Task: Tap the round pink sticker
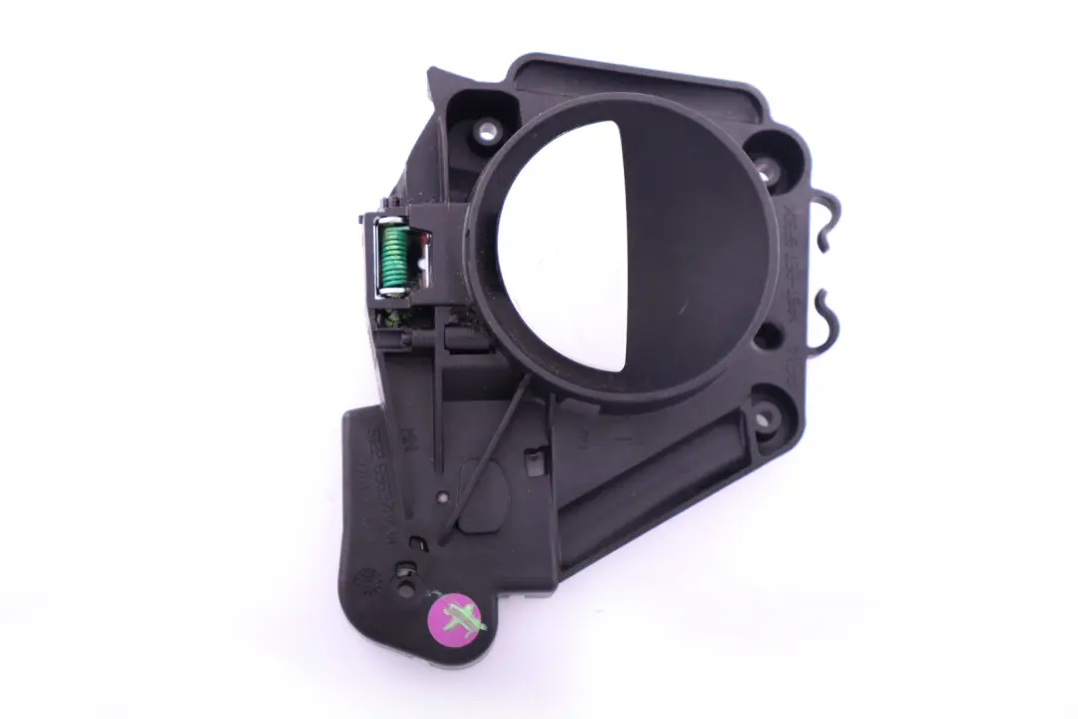[x=457, y=618]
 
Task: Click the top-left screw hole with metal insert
[x=488, y=129]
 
